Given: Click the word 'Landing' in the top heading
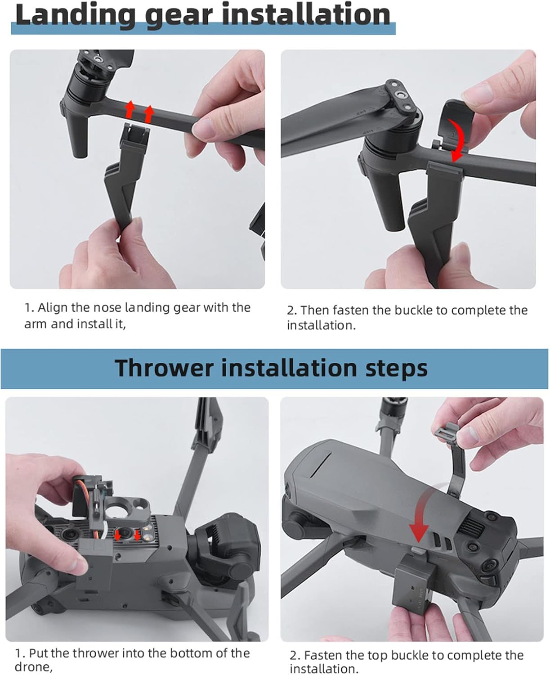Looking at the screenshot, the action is pos(75,15).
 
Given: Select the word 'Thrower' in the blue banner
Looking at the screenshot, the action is pos(164,368).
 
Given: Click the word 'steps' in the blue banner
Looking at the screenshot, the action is pos(396,369).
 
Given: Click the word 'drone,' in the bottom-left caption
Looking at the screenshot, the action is pos(33,667).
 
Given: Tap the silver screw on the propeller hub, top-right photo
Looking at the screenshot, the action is pos(400,94).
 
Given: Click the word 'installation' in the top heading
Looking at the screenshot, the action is pos(306,15).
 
